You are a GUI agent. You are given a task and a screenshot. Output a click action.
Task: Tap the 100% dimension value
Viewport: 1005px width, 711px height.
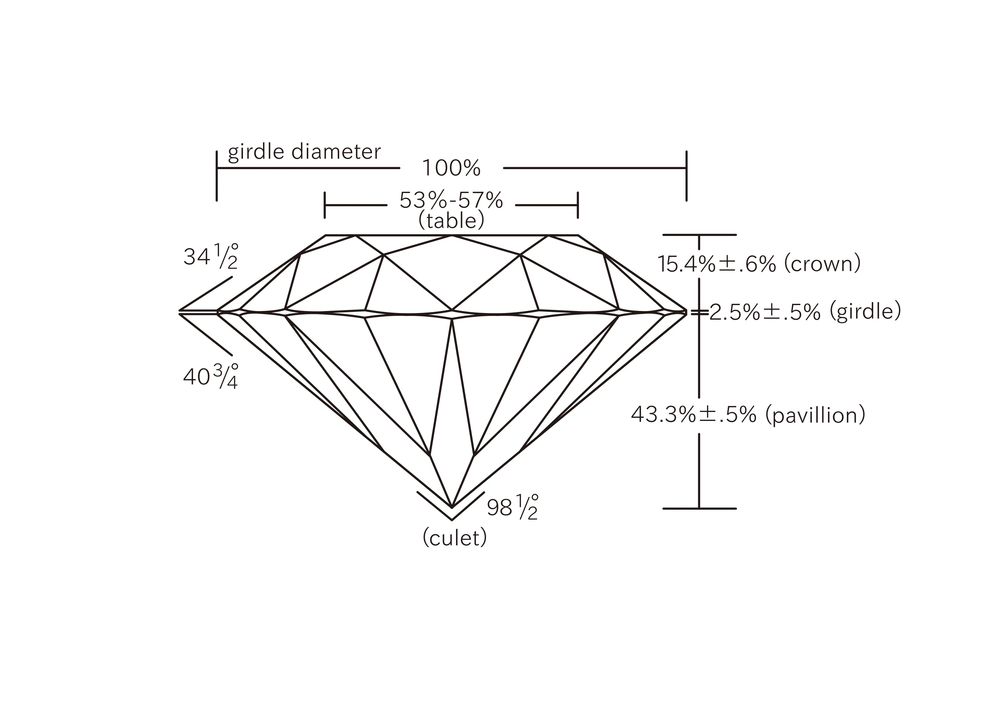coord(451,168)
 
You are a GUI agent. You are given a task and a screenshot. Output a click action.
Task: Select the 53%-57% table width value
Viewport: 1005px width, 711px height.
coord(451,201)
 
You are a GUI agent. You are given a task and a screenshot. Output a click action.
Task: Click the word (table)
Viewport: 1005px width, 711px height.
coord(451,220)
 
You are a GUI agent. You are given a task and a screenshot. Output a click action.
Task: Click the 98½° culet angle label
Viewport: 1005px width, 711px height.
coord(513,507)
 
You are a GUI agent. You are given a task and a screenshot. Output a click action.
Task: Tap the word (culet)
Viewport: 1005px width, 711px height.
coord(454,538)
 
